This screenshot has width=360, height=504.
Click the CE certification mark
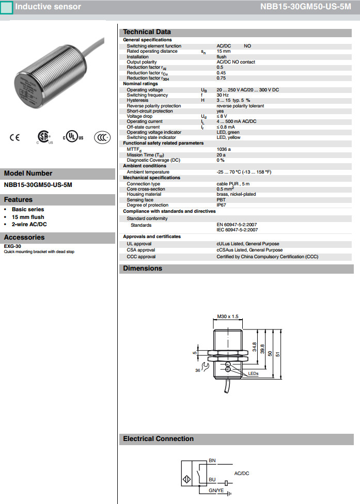coord(14,137)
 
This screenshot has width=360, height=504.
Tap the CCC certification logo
coord(102,137)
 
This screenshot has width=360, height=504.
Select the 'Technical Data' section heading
coord(147,32)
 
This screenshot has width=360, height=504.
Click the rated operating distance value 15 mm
coord(224,51)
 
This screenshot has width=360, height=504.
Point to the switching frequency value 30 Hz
coord(223,95)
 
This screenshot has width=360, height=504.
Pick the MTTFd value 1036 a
coord(224,149)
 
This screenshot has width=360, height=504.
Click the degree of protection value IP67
coord(221,205)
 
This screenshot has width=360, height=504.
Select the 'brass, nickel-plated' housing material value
coord(236,194)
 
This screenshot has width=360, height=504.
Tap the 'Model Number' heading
coord(28,174)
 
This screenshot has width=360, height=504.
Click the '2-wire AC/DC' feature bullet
coord(29,224)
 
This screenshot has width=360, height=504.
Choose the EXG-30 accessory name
coord(12,246)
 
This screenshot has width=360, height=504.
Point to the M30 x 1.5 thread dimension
coord(227,316)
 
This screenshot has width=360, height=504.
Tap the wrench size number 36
coord(197,370)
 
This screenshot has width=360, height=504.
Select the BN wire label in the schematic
coord(212,460)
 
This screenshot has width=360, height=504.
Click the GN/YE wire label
coord(216,490)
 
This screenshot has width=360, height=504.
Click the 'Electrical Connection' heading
coord(158,439)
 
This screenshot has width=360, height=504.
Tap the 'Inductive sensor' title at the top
coord(48,7)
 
